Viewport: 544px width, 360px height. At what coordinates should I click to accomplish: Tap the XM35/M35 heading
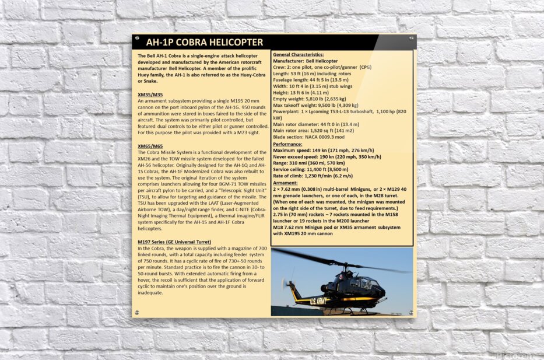(x=150, y=95)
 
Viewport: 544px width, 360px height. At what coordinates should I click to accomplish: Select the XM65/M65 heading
(x=150, y=145)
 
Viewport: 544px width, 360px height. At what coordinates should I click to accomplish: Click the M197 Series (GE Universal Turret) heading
(x=174, y=242)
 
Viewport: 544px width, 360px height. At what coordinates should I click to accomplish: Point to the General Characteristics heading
(x=299, y=54)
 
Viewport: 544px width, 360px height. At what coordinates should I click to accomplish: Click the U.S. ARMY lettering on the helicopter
(x=307, y=300)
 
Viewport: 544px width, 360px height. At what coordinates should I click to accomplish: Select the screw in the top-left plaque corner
(x=136, y=38)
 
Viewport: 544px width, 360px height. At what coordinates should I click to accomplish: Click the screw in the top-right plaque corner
(x=412, y=38)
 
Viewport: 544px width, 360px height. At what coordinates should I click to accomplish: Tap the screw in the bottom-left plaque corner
(x=136, y=313)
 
